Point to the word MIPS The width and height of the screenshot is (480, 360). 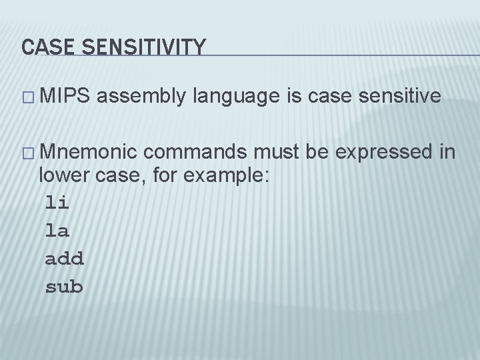(x=66, y=97)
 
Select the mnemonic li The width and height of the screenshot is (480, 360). (x=58, y=201)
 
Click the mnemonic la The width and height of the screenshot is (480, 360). (x=58, y=229)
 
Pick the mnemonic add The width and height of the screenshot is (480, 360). (x=64, y=258)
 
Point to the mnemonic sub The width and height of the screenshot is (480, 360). (x=64, y=287)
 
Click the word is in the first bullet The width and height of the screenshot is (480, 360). (x=293, y=97)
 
